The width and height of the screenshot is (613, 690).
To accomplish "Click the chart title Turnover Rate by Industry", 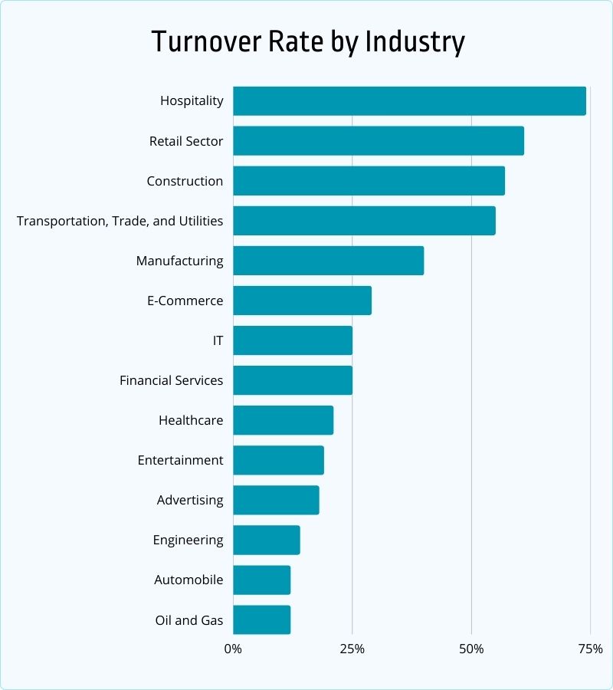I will pyautogui.click(x=307, y=42).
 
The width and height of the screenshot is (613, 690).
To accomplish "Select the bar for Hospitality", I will pyautogui.click(x=409, y=101).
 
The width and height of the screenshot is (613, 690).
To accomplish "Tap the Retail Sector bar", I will pyautogui.click(x=379, y=141).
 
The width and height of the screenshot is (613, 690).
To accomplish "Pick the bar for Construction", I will pyautogui.click(x=369, y=181).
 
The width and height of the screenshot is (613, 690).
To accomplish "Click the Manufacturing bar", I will pyautogui.click(x=328, y=261).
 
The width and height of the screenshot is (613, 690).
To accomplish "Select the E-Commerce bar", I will pyautogui.click(x=302, y=301).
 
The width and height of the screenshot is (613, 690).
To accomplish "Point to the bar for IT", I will pyautogui.click(x=293, y=340).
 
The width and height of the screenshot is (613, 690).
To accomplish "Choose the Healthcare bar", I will pyautogui.click(x=283, y=420).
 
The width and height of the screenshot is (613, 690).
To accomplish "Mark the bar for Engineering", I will pyautogui.click(x=266, y=540).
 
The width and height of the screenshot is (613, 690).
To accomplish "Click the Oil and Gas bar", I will pyautogui.click(x=261, y=619).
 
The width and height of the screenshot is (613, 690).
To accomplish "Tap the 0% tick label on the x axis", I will pyautogui.click(x=233, y=649).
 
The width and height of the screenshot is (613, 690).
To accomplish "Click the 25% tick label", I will pyautogui.click(x=352, y=649).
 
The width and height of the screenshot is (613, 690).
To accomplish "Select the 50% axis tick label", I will pyautogui.click(x=471, y=649).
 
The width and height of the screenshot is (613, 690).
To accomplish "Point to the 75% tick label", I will pyautogui.click(x=590, y=649).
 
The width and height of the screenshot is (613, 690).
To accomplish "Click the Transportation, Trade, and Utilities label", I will pyautogui.click(x=120, y=221).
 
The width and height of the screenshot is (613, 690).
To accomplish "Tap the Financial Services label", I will pyautogui.click(x=171, y=380).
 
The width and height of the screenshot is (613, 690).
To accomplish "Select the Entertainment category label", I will pyautogui.click(x=180, y=460).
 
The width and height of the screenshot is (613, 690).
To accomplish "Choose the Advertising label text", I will pyautogui.click(x=190, y=500).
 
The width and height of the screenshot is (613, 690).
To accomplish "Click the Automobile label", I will pyautogui.click(x=188, y=580).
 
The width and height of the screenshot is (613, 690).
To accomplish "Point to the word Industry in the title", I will pyautogui.click(x=415, y=42).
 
